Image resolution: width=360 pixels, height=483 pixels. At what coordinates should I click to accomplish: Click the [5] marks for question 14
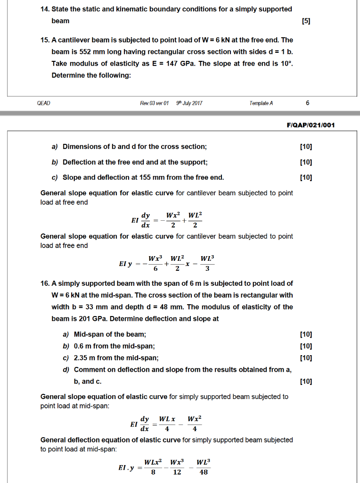pos(305,21)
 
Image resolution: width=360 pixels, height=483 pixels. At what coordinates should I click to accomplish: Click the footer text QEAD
pos(43,103)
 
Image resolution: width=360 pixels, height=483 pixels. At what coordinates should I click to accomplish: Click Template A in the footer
pos(262,103)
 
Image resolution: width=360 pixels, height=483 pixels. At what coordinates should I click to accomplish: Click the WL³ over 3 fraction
pos(207,264)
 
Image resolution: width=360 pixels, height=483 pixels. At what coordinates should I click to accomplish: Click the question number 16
pos(46,283)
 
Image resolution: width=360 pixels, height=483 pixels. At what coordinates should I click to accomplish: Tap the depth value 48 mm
pos(196,307)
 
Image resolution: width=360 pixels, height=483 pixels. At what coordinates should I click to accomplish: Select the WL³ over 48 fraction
pos(203,466)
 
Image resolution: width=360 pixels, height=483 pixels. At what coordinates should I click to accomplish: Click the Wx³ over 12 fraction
pos(177,466)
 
